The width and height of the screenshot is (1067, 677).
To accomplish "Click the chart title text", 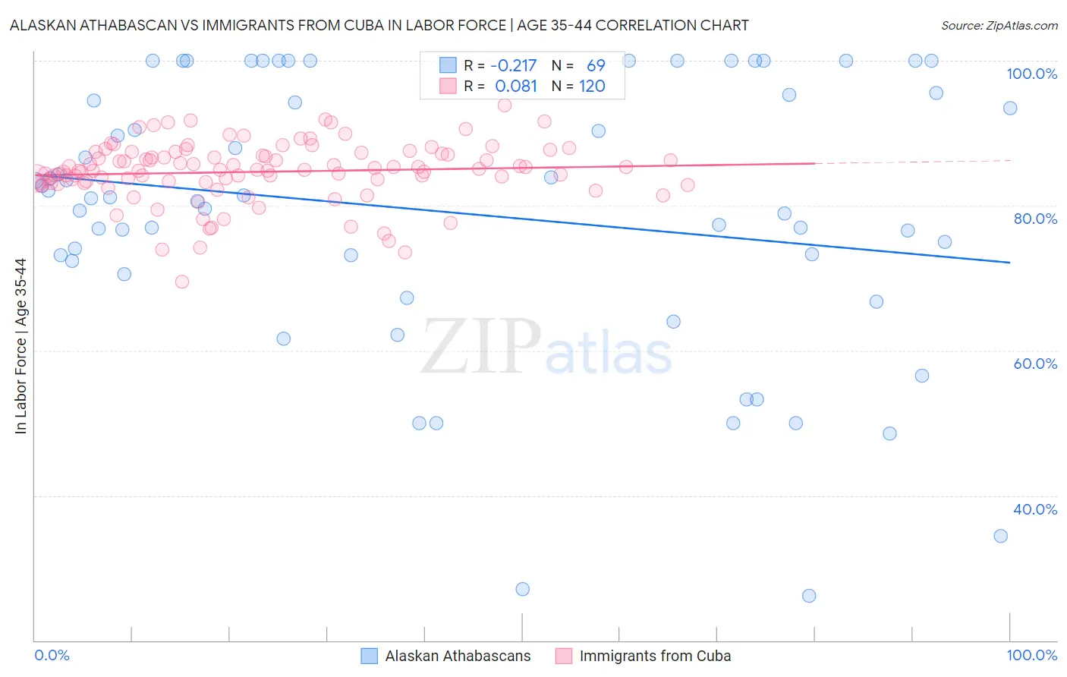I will [x=379, y=25].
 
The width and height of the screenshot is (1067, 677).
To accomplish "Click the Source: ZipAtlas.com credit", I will [x=999, y=25].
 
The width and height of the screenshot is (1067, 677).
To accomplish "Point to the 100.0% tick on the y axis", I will [x=1031, y=74].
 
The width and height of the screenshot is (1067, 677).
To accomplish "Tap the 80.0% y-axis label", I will [x=1035, y=219].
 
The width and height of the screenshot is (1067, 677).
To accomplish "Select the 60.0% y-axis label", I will [x=1035, y=364].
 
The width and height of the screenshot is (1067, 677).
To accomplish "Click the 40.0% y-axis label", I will [x=1035, y=509].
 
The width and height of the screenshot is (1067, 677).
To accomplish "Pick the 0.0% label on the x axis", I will [x=52, y=655].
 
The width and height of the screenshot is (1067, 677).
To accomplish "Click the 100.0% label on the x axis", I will [x=1031, y=655].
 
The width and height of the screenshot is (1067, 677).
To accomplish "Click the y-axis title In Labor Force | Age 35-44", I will [x=20, y=346].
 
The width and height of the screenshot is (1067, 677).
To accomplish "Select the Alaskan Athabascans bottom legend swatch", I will [x=369, y=656].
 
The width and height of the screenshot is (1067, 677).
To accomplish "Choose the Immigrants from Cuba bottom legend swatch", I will [x=563, y=656].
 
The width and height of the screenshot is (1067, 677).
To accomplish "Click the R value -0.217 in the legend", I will [x=514, y=66].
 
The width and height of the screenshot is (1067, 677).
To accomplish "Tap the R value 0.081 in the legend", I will [x=516, y=87].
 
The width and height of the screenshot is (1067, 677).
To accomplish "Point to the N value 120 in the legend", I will [x=592, y=87].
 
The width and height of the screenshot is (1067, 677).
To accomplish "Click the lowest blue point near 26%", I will [x=809, y=596].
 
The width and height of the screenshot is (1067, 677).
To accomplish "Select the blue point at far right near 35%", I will [x=1000, y=536].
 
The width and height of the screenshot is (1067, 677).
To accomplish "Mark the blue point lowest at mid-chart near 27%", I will [x=522, y=589].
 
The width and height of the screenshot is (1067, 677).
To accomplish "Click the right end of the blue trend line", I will [x=1009, y=263].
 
